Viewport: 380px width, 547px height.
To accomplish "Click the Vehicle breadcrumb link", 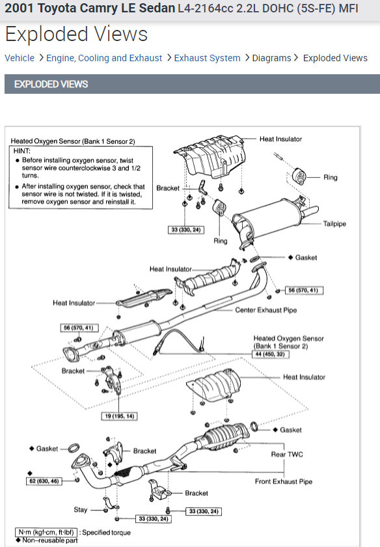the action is [20, 58].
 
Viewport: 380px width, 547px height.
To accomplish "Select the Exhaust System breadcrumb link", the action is [207, 58].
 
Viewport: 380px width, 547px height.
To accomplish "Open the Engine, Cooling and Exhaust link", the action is [104, 58].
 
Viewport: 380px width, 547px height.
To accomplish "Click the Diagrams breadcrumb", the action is [271, 58].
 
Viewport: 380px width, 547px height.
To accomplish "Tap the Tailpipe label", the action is [334, 223].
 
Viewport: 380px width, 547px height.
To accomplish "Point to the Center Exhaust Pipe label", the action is [266, 310].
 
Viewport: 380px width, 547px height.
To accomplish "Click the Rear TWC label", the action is [287, 455].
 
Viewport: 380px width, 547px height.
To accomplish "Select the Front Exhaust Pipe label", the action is [284, 481].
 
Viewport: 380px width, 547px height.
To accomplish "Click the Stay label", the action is [81, 510].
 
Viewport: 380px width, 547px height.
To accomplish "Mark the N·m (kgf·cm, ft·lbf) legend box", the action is [46, 533].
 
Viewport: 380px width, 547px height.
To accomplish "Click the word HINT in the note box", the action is [22, 151].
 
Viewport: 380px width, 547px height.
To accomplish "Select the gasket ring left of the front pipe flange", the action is [74, 447].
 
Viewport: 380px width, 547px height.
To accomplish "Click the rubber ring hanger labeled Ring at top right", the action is [299, 177].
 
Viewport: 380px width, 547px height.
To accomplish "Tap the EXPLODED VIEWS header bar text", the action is [51, 84].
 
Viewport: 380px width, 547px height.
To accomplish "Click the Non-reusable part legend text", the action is [50, 540].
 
